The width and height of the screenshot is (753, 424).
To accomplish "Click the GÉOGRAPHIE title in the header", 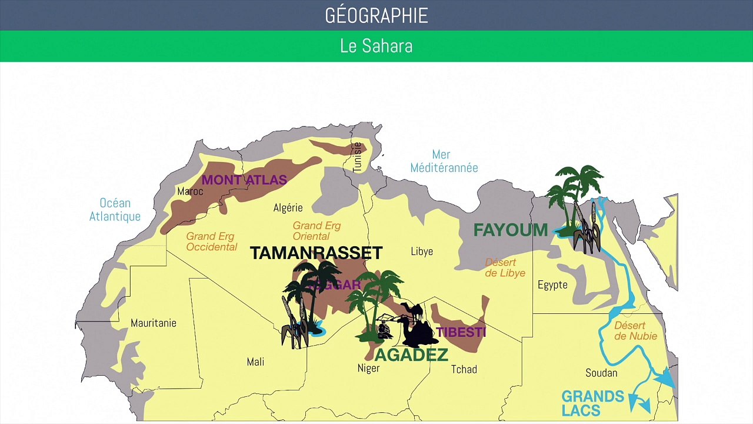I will (376, 16).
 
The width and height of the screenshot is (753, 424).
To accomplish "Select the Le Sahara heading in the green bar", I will (376, 46).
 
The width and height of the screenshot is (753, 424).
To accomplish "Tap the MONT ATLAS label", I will (244, 180).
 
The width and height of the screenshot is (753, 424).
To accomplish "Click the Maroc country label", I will (190, 191).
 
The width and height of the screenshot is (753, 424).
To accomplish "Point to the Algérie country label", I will (288, 207).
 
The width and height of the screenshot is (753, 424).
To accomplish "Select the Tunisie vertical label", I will (357, 157).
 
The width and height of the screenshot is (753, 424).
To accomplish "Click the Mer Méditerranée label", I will (444, 161).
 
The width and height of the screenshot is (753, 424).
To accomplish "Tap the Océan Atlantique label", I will (115, 210).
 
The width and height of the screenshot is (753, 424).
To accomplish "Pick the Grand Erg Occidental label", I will (212, 242).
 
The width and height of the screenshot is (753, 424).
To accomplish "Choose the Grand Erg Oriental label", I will (316, 231).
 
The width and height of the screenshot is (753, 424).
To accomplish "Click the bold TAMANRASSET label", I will (316, 253).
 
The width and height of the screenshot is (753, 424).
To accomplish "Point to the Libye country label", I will (422, 251).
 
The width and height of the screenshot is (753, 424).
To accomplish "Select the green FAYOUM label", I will (511, 230).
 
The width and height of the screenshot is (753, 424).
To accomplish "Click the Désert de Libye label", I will (505, 267).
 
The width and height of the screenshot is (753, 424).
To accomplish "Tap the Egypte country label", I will (552, 285).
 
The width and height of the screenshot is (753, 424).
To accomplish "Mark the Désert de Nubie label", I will (635, 330).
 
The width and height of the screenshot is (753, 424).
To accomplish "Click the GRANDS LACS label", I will (592, 403).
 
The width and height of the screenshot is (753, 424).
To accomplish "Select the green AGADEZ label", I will (411, 355).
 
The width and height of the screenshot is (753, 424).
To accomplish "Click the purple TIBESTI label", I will (461, 332).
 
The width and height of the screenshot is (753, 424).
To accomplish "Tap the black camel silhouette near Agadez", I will (419, 327).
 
